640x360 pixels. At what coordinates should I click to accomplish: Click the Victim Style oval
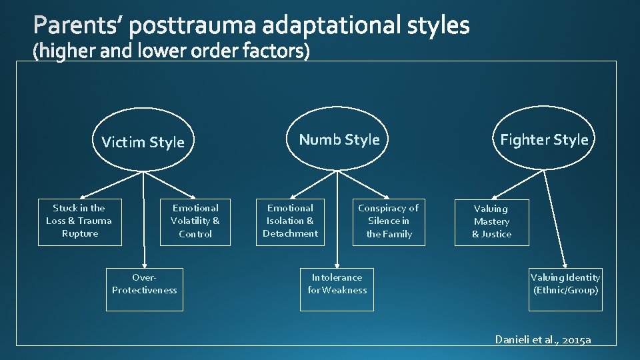143,140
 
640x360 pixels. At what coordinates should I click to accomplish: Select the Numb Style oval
339,139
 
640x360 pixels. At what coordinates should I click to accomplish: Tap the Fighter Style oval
544,139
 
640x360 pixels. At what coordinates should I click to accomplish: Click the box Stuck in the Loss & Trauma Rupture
79,221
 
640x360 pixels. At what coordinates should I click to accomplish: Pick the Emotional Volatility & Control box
195,221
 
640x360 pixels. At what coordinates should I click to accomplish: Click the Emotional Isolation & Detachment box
290,221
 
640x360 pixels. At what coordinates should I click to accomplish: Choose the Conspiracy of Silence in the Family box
389,221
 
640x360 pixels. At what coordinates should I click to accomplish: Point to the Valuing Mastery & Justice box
491,221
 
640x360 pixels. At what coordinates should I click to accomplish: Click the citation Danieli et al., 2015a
543,339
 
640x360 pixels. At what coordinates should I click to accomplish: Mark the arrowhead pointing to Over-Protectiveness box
143,263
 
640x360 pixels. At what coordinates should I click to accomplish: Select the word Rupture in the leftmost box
79,234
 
